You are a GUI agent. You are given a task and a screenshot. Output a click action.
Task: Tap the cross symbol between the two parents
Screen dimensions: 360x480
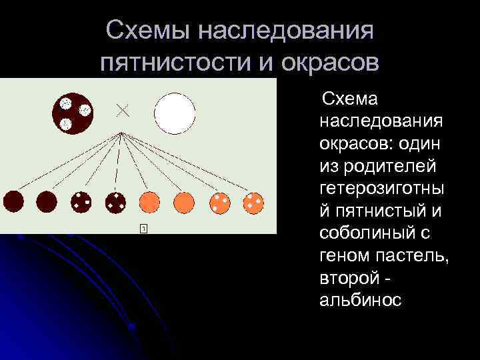coord(123,111)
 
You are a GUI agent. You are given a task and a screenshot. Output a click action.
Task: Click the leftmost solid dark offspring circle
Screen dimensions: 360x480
coord(13,201)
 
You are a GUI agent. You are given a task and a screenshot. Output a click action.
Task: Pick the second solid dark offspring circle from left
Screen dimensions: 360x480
coord(47,201)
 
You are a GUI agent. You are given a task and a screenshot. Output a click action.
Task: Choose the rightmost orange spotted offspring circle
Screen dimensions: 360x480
coord(253,201)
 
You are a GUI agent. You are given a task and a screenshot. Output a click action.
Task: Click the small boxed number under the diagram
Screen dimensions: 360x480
coord(143,229)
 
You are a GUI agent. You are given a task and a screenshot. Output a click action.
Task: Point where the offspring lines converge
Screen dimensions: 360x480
coord(121,133)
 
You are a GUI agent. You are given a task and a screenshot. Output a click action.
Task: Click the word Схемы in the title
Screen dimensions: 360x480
coord(149,30)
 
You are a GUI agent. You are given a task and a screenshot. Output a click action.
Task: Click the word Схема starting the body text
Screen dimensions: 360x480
coord(350,100)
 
